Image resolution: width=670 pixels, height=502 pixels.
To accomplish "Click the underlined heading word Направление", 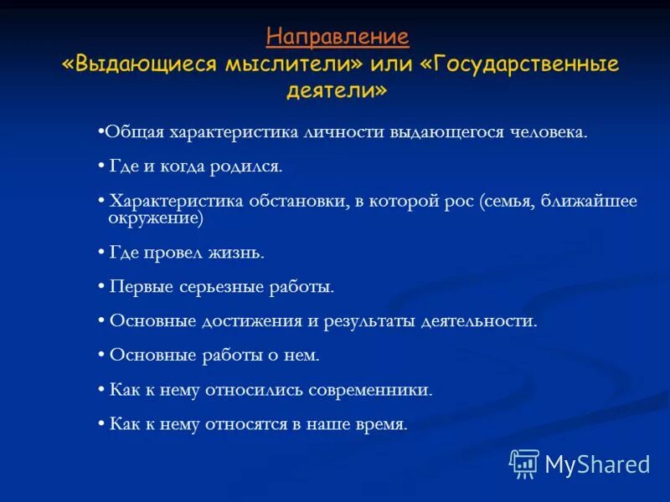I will (338, 37).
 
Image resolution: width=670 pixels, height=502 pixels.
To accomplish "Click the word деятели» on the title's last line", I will (338, 91).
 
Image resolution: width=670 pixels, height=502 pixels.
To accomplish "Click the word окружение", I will (155, 218).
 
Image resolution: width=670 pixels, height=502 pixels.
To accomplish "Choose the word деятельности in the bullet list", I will (475, 321).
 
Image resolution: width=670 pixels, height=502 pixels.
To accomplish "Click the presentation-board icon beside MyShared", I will (524, 464).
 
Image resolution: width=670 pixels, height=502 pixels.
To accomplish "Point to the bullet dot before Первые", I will (101, 287).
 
